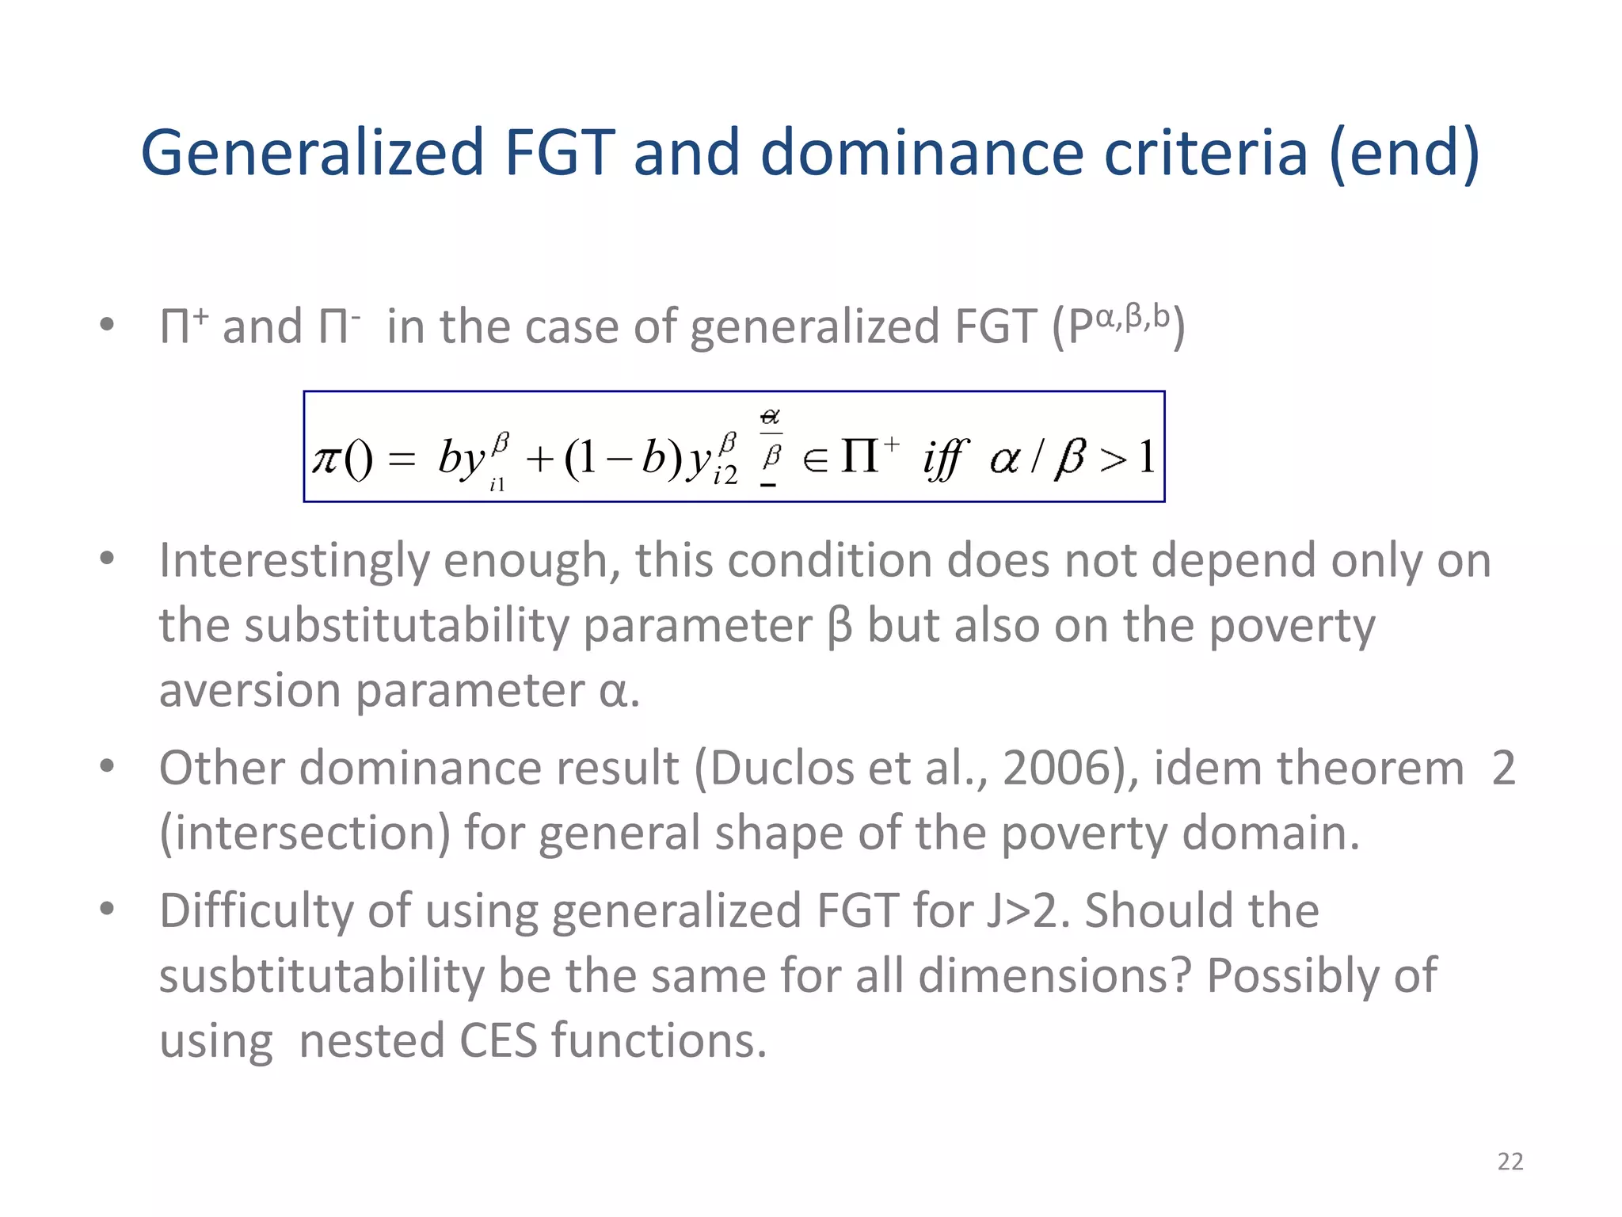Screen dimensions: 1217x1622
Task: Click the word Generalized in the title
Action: (x=312, y=152)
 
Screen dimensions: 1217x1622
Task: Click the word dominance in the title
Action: (x=922, y=152)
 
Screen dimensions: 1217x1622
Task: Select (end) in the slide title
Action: (x=1404, y=154)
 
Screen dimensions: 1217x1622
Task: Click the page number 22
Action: (x=1510, y=1162)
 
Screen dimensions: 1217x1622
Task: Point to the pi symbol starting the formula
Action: (x=327, y=459)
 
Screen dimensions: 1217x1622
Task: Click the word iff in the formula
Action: (x=945, y=459)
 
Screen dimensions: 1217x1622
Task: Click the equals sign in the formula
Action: (x=402, y=460)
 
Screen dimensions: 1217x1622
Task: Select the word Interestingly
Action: (x=293, y=562)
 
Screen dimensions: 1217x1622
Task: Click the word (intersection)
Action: (x=304, y=834)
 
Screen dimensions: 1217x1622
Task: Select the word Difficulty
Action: (x=257, y=910)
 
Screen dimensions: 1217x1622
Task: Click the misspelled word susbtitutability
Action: (x=321, y=975)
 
